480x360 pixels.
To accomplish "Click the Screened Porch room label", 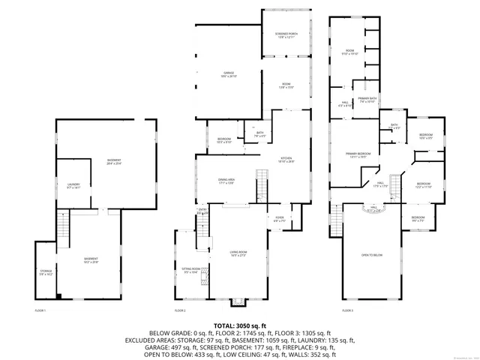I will (285, 34).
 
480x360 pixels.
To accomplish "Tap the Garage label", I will (226, 74).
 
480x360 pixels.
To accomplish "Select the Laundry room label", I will (73, 185).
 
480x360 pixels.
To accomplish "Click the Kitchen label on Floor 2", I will (286, 160).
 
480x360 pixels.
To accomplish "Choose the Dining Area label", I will (226, 181).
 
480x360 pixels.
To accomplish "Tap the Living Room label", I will (238, 253).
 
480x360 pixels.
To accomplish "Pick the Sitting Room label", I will (190, 271).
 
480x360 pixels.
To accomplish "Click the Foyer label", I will (278, 220).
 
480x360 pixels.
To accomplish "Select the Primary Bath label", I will (366, 100).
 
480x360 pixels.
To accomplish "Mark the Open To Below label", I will (372, 255).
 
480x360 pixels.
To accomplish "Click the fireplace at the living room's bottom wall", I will (238, 302).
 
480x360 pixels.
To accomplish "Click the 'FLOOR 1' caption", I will (40, 310).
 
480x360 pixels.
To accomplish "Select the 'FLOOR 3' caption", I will (348, 310).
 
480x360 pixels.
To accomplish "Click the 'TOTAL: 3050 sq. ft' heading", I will (240, 325).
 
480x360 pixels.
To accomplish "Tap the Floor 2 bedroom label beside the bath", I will (224, 140).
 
